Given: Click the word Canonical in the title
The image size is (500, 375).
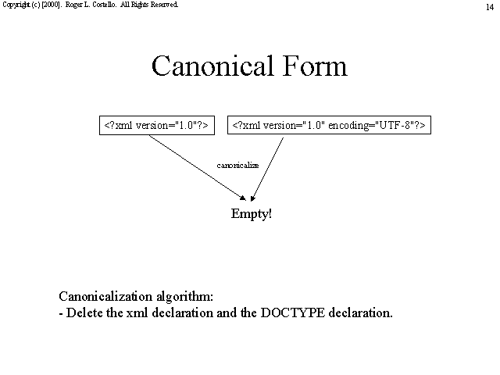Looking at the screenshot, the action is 212,66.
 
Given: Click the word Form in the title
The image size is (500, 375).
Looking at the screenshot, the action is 315,66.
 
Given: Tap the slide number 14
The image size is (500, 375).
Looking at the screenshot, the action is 490,7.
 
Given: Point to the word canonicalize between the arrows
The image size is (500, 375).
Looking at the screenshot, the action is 237,165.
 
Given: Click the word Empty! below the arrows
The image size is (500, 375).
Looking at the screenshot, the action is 252,213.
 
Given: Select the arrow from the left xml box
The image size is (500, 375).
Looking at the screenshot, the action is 198,168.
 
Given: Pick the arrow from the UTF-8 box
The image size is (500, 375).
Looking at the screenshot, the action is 267,170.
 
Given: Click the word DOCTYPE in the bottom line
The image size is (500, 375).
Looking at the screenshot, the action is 293,312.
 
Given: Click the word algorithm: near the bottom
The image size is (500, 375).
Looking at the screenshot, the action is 184,297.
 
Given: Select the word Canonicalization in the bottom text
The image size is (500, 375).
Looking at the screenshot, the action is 105,296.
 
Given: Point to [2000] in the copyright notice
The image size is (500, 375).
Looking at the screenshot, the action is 51,5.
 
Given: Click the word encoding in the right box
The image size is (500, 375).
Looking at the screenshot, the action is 348,126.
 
